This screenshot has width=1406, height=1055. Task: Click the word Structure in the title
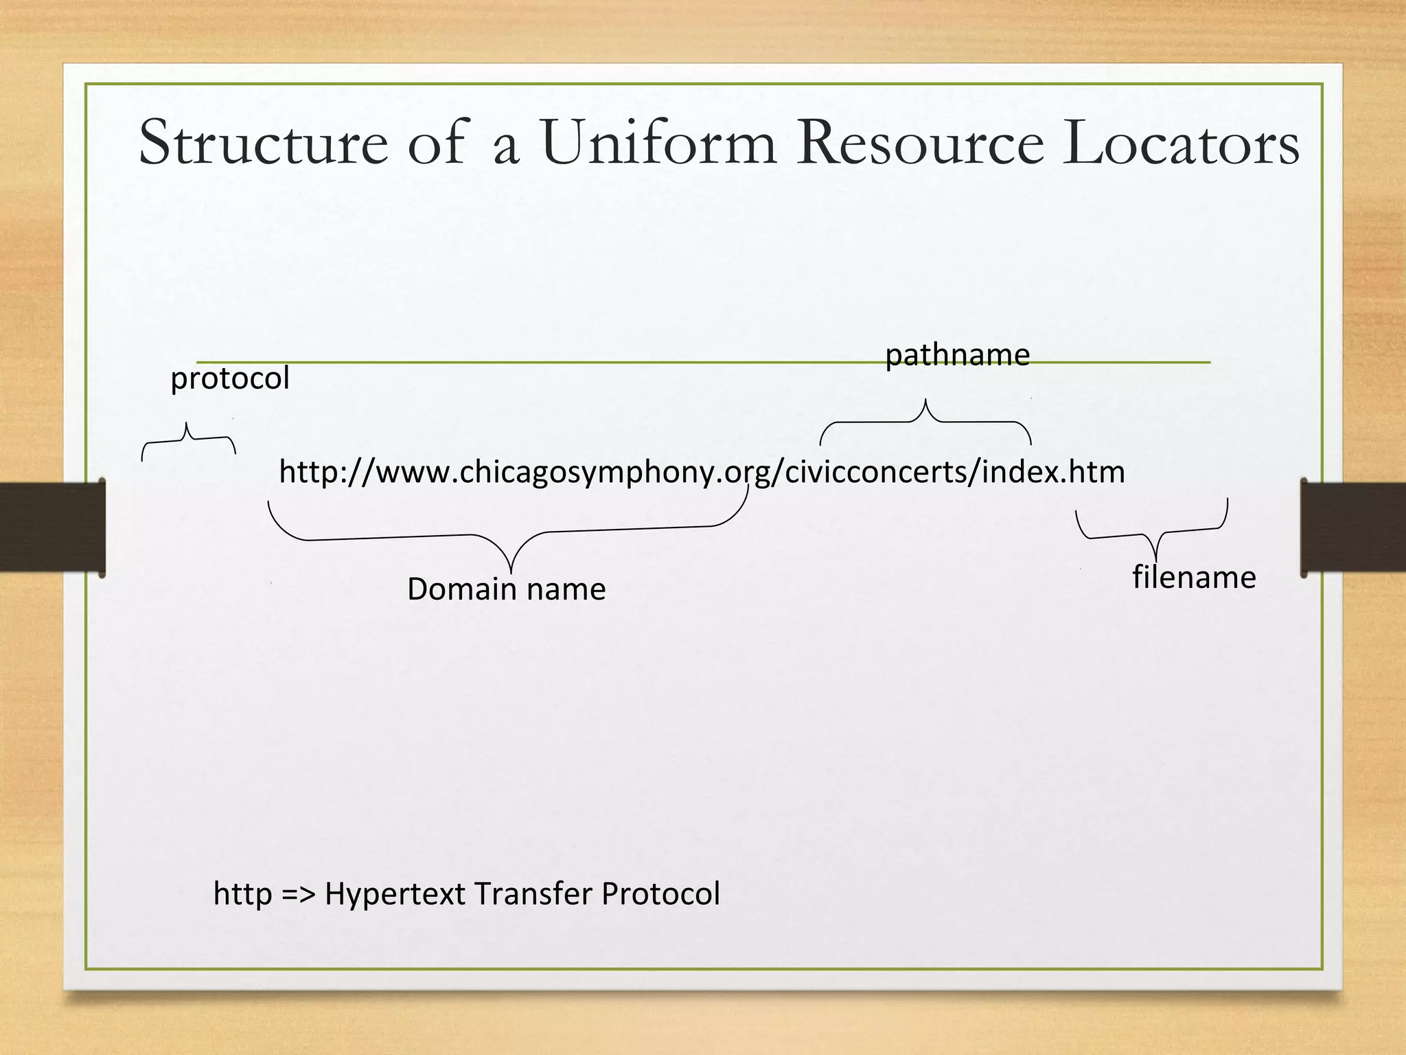point(263,143)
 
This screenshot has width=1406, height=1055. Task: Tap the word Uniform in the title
point(658,143)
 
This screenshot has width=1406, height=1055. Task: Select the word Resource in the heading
point(920,143)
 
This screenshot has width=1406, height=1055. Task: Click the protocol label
point(230,378)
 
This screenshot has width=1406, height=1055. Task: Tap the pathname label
point(957,355)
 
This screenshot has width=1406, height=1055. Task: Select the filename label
point(1194,577)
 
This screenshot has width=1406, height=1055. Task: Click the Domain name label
point(507,589)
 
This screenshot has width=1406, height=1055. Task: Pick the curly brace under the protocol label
point(187,439)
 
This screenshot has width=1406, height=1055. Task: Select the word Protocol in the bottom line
point(660,894)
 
